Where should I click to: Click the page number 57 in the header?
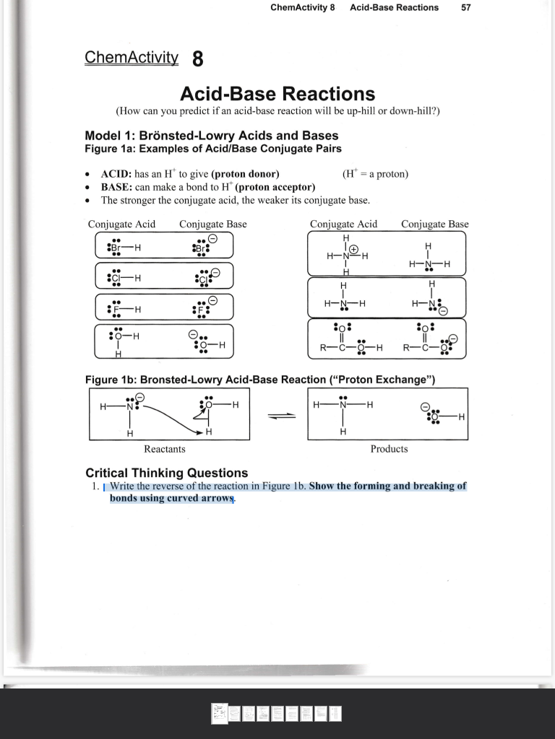(x=466, y=7)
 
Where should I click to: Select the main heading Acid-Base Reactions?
(x=277, y=94)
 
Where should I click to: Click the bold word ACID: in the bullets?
(x=115, y=174)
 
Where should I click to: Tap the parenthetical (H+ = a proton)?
(x=375, y=174)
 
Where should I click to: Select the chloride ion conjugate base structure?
(x=205, y=277)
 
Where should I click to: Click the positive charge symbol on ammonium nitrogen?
(x=354, y=250)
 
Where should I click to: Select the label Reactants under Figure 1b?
(x=164, y=449)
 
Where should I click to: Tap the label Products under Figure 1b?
(x=389, y=449)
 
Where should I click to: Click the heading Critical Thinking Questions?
(x=166, y=473)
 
